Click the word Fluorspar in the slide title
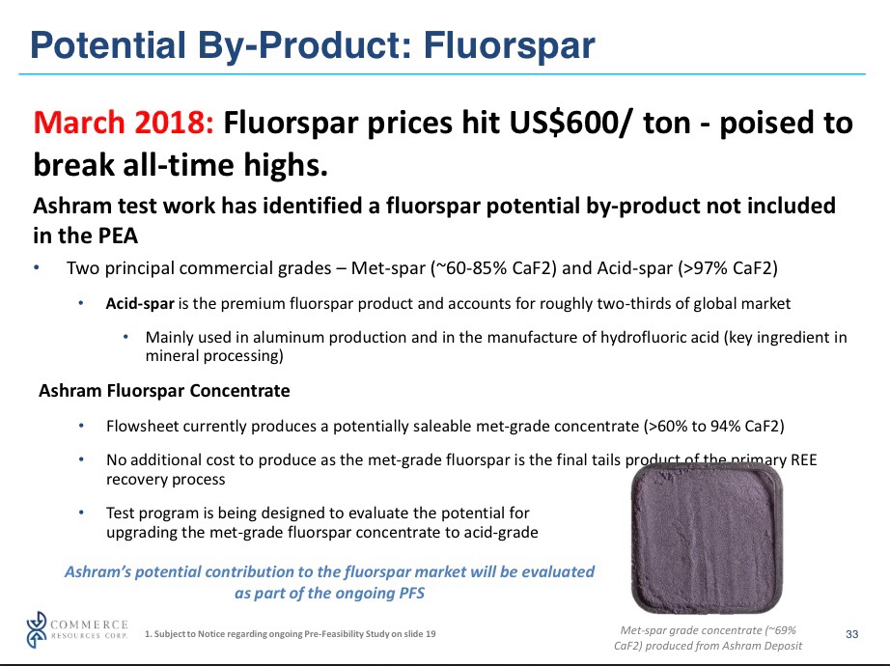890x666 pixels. tap(509, 46)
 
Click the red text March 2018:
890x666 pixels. tap(124, 123)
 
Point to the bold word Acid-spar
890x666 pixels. tap(140, 304)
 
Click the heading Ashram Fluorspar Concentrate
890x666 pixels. tap(165, 391)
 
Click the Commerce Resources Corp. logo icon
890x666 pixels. tap(37, 629)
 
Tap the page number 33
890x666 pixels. tap(852, 634)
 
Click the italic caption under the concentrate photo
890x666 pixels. tap(708, 638)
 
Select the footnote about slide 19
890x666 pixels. tap(290, 633)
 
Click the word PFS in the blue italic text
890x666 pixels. tap(410, 594)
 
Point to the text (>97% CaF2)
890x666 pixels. tap(728, 268)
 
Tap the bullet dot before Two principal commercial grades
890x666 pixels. tap(37, 267)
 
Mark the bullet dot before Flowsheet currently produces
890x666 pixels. tap(82, 426)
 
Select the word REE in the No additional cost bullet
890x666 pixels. tap(803, 459)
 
